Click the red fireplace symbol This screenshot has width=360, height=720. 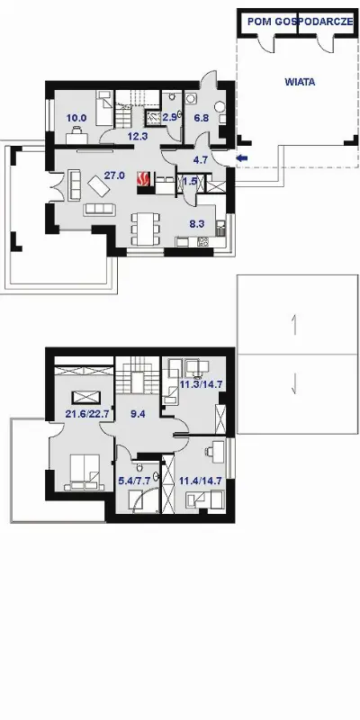144,178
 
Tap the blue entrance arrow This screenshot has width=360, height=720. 242,158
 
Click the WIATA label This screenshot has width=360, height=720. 300,83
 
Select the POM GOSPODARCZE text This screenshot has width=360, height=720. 301,22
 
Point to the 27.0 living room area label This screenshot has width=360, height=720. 115,175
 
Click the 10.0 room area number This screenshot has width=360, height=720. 76,118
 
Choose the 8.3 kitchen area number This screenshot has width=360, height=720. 197,224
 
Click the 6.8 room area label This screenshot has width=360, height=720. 201,118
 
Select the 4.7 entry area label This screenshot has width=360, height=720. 201,160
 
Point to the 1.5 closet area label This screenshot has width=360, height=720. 190,181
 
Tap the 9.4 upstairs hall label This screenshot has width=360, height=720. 138,414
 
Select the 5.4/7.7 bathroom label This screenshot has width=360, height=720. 134,481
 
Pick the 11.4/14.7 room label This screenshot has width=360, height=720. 200,481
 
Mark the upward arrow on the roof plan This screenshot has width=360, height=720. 295,325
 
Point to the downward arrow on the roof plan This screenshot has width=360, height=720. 294,384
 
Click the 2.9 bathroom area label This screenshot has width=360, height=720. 169,117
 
